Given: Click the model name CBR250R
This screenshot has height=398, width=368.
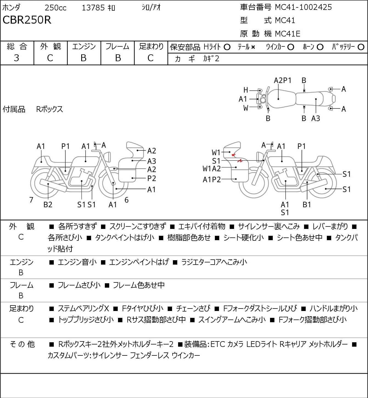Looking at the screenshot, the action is pyautogui.click(x=27, y=20).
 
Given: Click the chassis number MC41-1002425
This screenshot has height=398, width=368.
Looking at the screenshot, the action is pyautogui.click(x=303, y=7).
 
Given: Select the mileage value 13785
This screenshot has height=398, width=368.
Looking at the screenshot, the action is pyautogui.click(x=93, y=8).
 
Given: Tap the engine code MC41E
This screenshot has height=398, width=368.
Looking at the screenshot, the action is pyautogui.click(x=288, y=34).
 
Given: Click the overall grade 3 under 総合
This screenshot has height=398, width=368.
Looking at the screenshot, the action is pyautogui.click(x=16, y=58).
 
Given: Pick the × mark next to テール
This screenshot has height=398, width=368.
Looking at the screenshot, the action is pyautogui.click(x=253, y=47).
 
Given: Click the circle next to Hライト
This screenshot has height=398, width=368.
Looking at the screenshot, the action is pyautogui.click(x=227, y=47).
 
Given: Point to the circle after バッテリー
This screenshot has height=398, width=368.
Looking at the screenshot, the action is pyautogui.click(x=361, y=47).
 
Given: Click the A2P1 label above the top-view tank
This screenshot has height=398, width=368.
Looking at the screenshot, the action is pyautogui.click(x=282, y=80).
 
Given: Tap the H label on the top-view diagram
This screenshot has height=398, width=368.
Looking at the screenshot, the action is pyautogui.click(x=246, y=90).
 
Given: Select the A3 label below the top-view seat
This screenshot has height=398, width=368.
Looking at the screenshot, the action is pyautogui.click(x=316, y=118).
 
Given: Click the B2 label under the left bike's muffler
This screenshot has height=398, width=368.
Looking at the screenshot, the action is pyautogui.click(x=48, y=204).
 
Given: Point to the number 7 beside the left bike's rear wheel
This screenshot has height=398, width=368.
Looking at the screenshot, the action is pyautogui.click(x=31, y=200).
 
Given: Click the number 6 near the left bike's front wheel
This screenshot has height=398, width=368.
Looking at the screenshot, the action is pyautogui.click(x=127, y=200).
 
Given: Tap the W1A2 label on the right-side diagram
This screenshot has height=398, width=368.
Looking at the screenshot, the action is pyautogui.click(x=212, y=169).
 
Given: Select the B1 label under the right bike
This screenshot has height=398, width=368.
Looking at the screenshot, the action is pyautogui.click(x=307, y=204).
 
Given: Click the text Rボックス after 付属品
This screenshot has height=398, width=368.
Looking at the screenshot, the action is pyautogui.click(x=49, y=109).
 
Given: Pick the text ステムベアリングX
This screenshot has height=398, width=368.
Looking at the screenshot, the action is pyautogui.click(x=83, y=309).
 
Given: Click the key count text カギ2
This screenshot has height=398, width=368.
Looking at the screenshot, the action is pyautogui.click(x=211, y=59).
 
